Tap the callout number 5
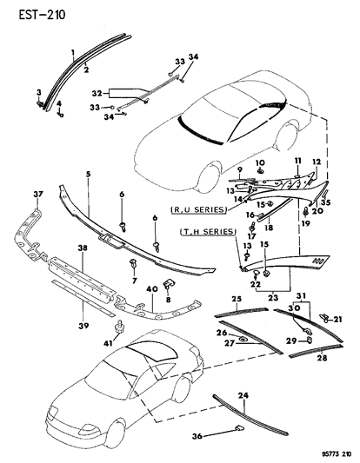87,175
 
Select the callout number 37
37,193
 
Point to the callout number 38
83,248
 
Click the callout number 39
83,302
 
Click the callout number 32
98,90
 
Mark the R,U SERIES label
201,209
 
